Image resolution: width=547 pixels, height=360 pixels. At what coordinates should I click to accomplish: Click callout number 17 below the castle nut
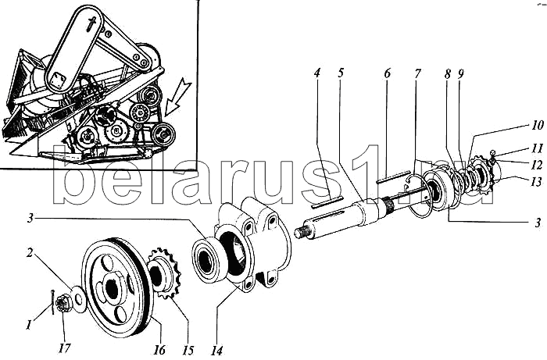[65, 348]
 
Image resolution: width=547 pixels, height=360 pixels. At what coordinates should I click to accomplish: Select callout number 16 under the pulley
[159, 349]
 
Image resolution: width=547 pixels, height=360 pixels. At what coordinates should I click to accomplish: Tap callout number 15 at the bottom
[188, 350]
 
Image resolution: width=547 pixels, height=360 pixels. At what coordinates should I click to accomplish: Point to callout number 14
[216, 351]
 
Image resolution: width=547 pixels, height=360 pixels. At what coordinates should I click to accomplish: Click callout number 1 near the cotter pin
[29, 326]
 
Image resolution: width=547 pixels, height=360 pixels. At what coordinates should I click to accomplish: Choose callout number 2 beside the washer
[30, 252]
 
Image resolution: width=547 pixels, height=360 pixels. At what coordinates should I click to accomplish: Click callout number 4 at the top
[316, 73]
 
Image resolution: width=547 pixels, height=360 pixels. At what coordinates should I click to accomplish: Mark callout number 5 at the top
[341, 73]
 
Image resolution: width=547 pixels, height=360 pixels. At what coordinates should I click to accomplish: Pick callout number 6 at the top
[388, 73]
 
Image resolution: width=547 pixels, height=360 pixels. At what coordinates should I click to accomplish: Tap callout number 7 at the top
[417, 73]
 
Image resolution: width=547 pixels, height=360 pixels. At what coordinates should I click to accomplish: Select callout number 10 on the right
[538, 125]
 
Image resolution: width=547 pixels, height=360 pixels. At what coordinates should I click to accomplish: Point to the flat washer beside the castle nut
[78, 299]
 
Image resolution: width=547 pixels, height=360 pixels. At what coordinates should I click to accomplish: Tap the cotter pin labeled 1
[52, 302]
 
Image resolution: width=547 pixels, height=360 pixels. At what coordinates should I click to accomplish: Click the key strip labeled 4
[327, 202]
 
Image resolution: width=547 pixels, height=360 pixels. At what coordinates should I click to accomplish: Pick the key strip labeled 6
[393, 176]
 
